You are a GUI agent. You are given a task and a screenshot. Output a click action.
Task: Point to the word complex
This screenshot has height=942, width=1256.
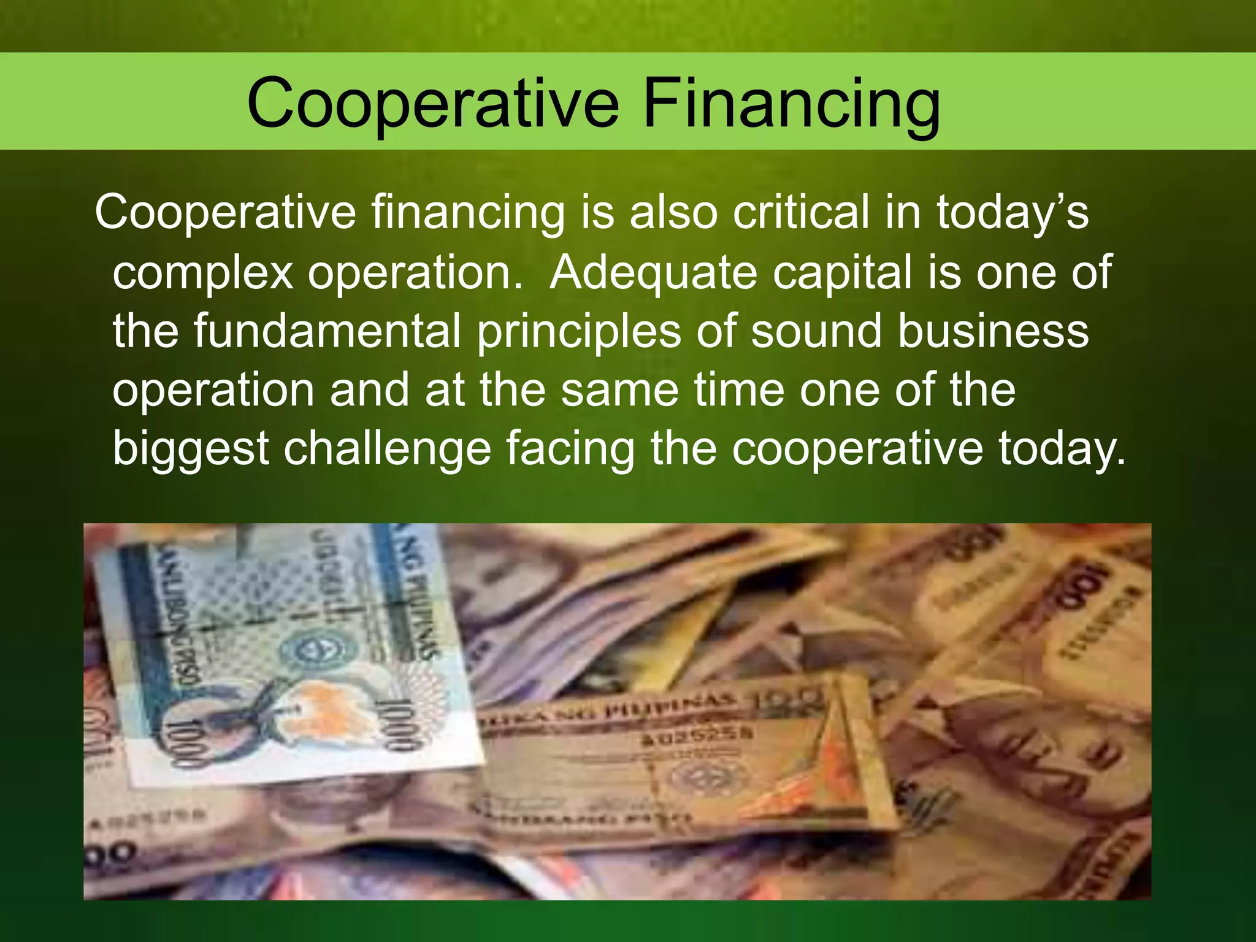(203, 274)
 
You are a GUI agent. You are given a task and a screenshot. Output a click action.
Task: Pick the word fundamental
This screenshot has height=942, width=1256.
(327, 331)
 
